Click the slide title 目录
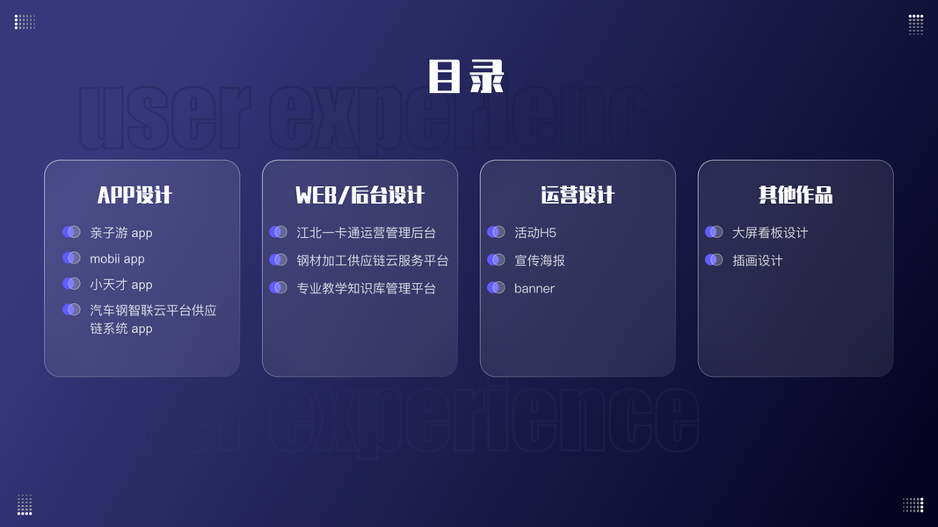click(466, 76)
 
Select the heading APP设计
click(135, 195)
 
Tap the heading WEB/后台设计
click(360, 195)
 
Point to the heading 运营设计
click(578, 195)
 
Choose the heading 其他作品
click(796, 195)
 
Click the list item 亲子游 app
click(121, 233)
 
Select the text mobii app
click(117, 259)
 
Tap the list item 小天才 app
click(121, 285)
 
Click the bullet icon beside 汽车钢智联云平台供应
click(71, 310)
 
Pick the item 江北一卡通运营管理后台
click(366, 233)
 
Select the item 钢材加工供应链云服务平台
click(373, 261)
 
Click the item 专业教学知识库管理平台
click(366, 288)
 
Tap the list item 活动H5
click(535, 233)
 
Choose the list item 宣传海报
click(540, 261)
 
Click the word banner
click(534, 288)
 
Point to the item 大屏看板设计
click(770, 233)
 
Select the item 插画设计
click(757, 261)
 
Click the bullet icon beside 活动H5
click(496, 232)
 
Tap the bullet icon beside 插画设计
click(714, 260)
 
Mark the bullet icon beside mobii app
click(71, 258)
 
